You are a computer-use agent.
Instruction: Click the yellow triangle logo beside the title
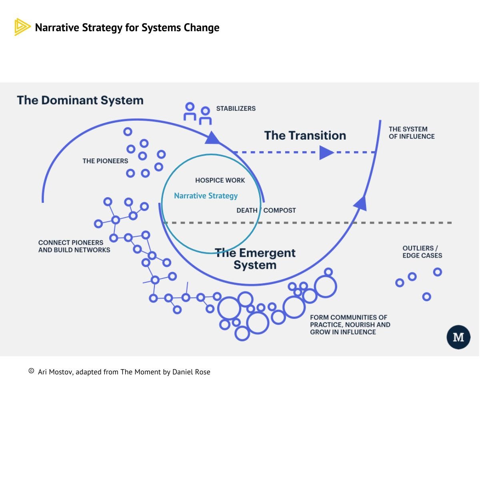tap(22, 27)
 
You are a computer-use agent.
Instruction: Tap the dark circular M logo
tap(458, 337)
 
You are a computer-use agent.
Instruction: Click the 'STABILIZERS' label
tap(236, 108)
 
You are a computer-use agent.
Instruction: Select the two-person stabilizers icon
tap(197, 114)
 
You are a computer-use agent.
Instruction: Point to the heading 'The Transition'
tap(305, 135)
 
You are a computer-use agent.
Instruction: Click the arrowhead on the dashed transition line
tap(326, 152)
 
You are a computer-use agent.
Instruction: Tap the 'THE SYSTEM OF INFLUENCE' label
tap(411, 133)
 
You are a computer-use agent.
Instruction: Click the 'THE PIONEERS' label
tap(105, 161)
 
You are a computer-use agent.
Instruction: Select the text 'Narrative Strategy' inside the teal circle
tap(206, 196)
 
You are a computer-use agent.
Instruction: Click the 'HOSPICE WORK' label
tap(220, 180)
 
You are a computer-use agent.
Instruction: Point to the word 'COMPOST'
tap(280, 210)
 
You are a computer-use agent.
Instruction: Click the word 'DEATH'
tap(247, 210)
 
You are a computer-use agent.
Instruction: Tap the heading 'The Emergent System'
tap(255, 259)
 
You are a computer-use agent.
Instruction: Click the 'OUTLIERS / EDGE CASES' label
tap(422, 252)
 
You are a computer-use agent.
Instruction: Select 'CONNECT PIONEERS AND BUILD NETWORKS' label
tap(74, 246)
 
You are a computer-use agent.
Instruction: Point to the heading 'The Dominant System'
tap(80, 100)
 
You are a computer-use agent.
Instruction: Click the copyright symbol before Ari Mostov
tap(31, 371)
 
